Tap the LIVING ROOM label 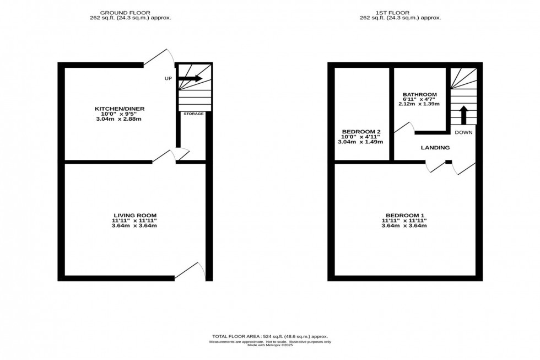coord(135,215)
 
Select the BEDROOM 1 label coord(405,215)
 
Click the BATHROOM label coord(419,94)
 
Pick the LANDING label coord(435,148)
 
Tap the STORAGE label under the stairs coord(193,114)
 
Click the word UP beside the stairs coord(168,79)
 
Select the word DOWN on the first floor coord(463,133)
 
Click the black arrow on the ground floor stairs coord(190,79)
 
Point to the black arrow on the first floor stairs coord(463,115)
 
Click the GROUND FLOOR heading coord(131,12)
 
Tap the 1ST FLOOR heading coord(405,12)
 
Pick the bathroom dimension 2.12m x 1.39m coord(419,104)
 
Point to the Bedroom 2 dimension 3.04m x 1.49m coord(360,142)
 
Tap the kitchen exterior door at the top coord(160,57)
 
